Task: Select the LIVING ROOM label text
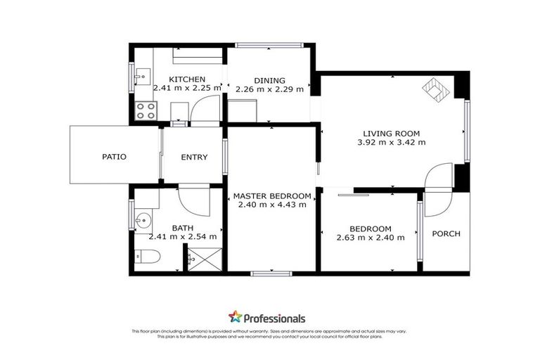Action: [x=391, y=133]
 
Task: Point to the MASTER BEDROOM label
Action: [x=271, y=195]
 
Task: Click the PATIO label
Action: [x=114, y=157]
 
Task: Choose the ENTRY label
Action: [x=194, y=157]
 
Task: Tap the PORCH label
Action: [x=446, y=233]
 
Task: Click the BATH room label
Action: [x=183, y=228]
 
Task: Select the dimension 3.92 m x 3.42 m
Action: [x=391, y=142]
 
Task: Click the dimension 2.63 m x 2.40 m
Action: [x=371, y=238]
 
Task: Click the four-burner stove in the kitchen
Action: [x=146, y=110]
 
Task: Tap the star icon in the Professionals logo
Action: [x=235, y=317]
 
